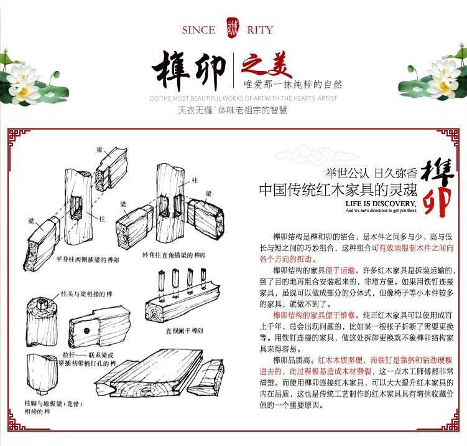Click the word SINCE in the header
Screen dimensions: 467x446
[199, 30]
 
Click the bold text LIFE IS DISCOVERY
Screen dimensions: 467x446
[380, 204]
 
